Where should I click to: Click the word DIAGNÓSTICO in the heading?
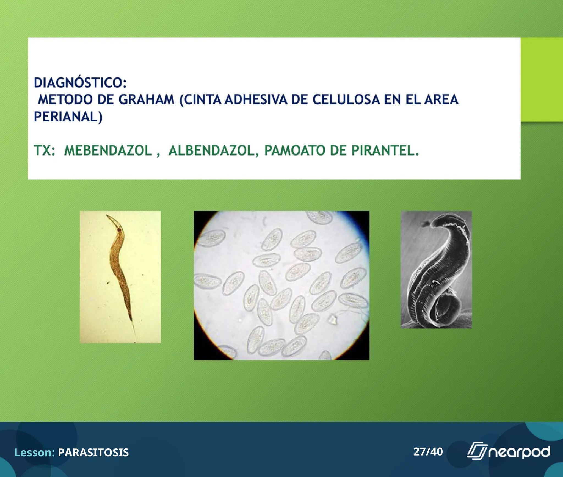(80, 83)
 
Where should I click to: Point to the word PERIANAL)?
(68, 117)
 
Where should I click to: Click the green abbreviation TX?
(44, 151)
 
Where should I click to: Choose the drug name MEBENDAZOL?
(108, 151)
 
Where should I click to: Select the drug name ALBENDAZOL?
(211, 151)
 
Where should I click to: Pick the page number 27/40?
(428, 452)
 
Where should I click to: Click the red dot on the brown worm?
(119, 229)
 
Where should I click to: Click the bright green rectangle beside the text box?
(542, 80)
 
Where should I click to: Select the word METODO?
(65, 99)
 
